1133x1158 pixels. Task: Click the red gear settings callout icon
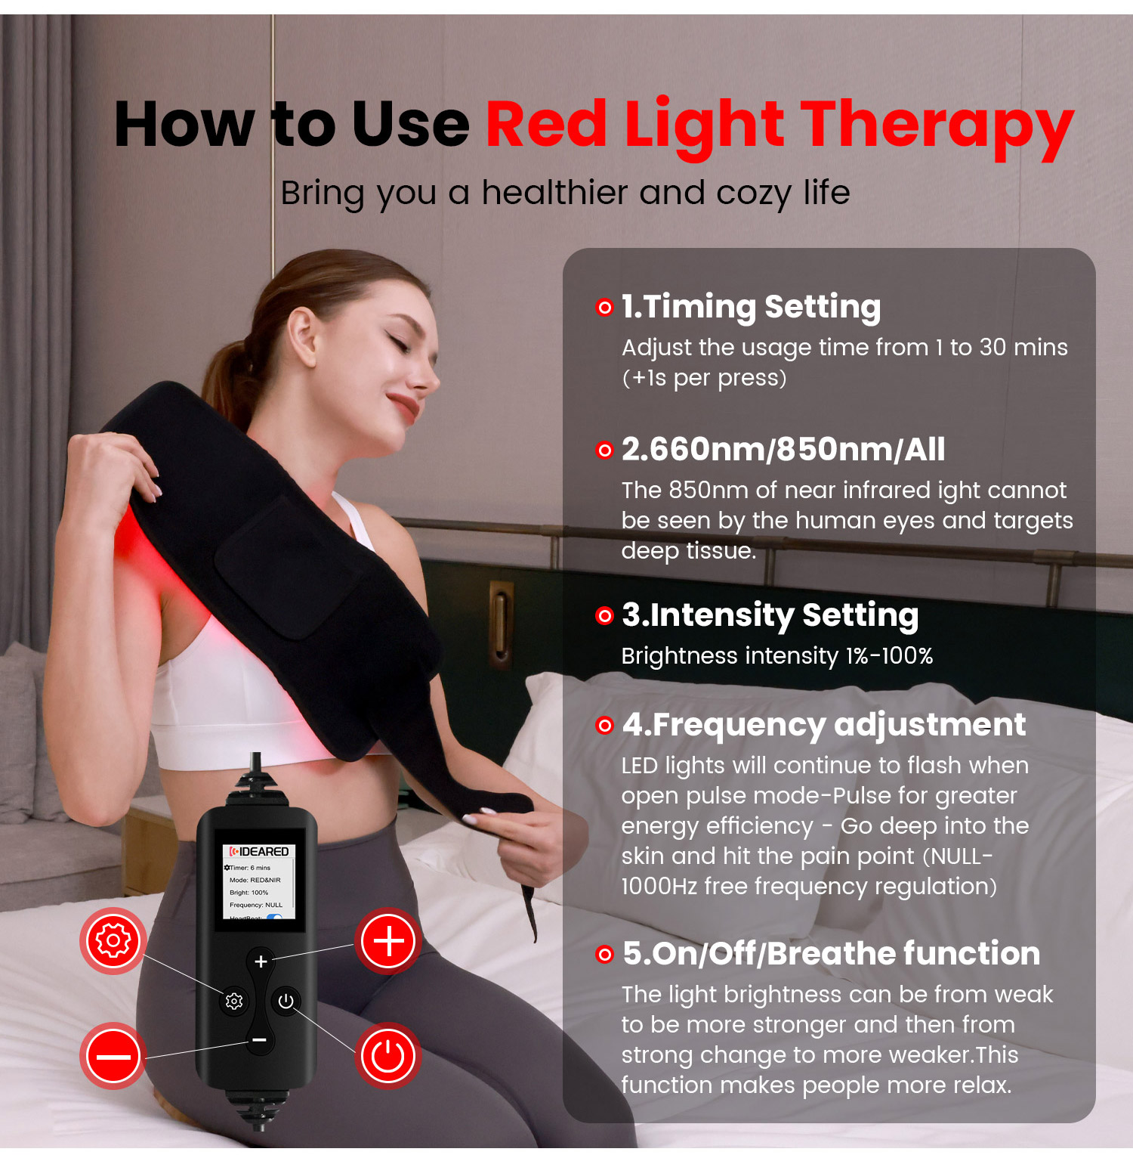[113, 940]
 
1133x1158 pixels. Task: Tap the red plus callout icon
[388, 941]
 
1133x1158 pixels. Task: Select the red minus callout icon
[113, 1056]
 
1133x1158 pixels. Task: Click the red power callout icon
[388, 1056]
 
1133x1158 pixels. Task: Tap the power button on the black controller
[286, 1001]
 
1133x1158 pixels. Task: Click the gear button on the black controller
[234, 1001]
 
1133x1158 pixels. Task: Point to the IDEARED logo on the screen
[259, 851]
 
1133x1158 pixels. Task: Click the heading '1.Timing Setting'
[751, 307]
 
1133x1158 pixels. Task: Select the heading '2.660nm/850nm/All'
[783, 450]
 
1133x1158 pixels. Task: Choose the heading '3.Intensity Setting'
[770, 615]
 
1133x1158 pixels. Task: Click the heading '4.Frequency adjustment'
[824, 725]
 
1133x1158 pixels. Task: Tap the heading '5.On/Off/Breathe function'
[831, 954]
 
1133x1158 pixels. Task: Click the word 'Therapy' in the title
[937, 125]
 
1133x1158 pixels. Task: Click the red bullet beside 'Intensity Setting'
[604, 616]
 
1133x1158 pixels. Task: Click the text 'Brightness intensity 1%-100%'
[776, 656]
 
